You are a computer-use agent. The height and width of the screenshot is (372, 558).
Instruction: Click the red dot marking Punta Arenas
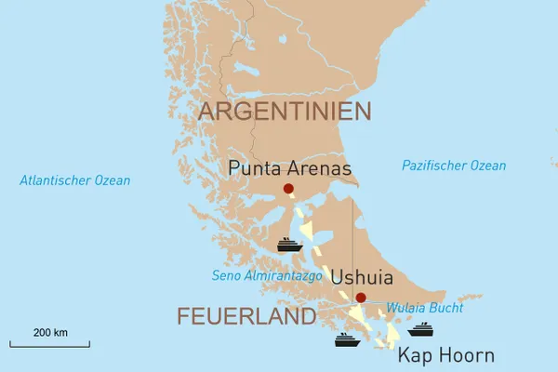tap(288, 189)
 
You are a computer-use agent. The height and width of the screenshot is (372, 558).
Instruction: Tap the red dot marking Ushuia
tap(361, 298)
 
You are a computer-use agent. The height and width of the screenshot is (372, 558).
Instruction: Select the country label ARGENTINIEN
tap(285, 112)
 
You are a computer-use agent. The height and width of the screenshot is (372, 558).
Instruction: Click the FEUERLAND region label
tap(246, 317)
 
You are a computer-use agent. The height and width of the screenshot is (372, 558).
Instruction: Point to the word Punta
tap(257, 169)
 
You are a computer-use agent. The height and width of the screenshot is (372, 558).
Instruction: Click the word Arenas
tap(321, 169)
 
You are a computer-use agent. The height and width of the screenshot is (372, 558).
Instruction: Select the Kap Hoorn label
tap(445, 355)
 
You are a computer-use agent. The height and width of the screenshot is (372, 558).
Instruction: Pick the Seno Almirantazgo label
tap(267, 276)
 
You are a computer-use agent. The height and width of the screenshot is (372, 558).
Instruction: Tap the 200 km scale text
tap(50, 332)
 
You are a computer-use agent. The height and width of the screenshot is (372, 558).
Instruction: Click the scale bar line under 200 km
tap(50, 345)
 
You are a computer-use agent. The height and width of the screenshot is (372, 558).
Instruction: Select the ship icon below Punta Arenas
tap(289, 246)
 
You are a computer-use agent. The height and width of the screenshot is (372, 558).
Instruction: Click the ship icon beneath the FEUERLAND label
tap(348, 339)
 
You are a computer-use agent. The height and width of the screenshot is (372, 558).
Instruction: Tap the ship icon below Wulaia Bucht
tap(420, 329)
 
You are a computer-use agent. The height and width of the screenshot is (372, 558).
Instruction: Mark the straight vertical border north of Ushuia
tap(352, 242)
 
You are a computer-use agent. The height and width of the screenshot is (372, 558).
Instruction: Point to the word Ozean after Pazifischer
tap(487, 166)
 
